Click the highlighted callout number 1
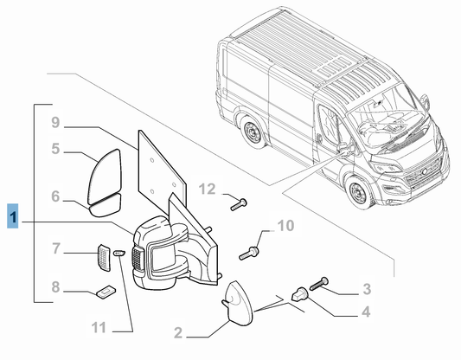coord(13,216)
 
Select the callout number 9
coord(55,122)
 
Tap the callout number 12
coord(208,190)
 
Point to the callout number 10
coord(285,226)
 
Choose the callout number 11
coord(99,327)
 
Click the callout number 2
coord(178,332)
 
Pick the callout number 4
coord(366,312)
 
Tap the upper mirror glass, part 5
coord(105,176)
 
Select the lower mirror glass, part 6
coord(106,205)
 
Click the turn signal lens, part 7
coord(104,258)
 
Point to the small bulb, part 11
coord(119,253)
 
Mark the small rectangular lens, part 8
coord(106,292)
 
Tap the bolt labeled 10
coord(249,254)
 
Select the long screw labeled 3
coord(318,284)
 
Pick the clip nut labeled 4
coord(300,294)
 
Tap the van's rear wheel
coord(251,132)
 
